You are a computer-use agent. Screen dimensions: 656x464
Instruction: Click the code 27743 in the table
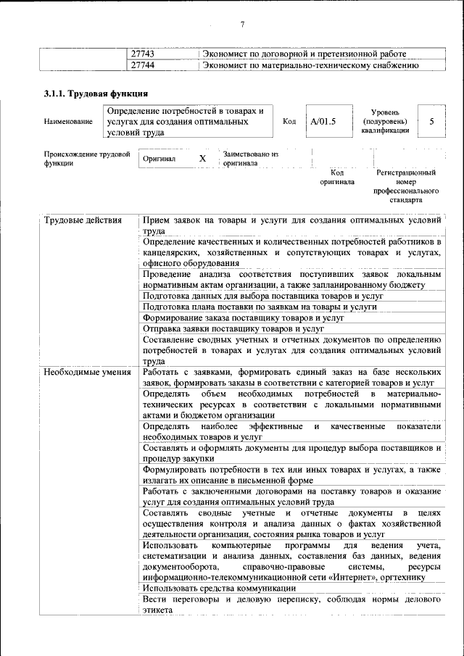point(143,54)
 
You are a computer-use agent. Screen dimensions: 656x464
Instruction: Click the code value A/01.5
point(323,121)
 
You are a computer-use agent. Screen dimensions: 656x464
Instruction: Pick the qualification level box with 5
point(431,121)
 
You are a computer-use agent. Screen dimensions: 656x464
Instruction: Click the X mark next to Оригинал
point(203,158)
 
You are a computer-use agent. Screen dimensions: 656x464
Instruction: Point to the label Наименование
point(68,122)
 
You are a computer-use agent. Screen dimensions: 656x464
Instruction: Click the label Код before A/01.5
point(289,122)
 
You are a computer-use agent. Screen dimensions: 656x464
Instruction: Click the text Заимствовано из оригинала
point(250,159)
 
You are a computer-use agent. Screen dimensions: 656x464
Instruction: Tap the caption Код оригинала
point(337,178)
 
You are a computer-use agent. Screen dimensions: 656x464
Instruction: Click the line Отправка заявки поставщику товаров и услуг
point(233,328)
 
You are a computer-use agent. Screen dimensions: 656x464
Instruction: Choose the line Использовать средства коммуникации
point(219,588)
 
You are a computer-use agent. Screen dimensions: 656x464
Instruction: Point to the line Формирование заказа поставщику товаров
point(243,317)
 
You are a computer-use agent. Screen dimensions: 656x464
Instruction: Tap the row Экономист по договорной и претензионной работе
point(304,54)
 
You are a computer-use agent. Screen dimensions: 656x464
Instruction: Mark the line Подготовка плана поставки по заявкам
point(260,307)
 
